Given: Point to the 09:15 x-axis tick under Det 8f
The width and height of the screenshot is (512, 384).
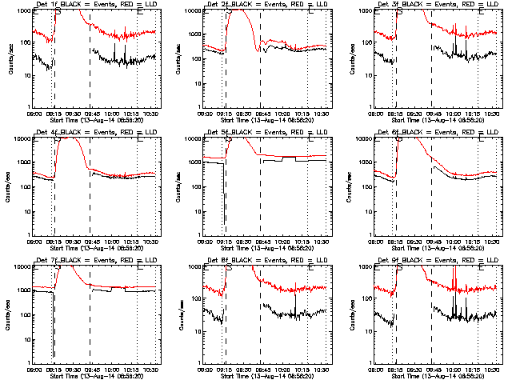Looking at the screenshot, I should pyautogui.click(x=225, y=368).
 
